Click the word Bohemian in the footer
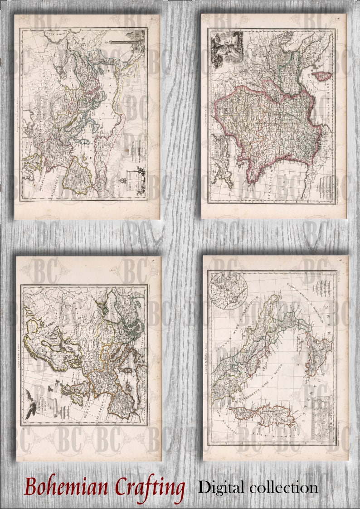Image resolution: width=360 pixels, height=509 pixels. [x=66, y=488]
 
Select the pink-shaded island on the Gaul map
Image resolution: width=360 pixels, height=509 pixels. [x=324, y=77]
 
